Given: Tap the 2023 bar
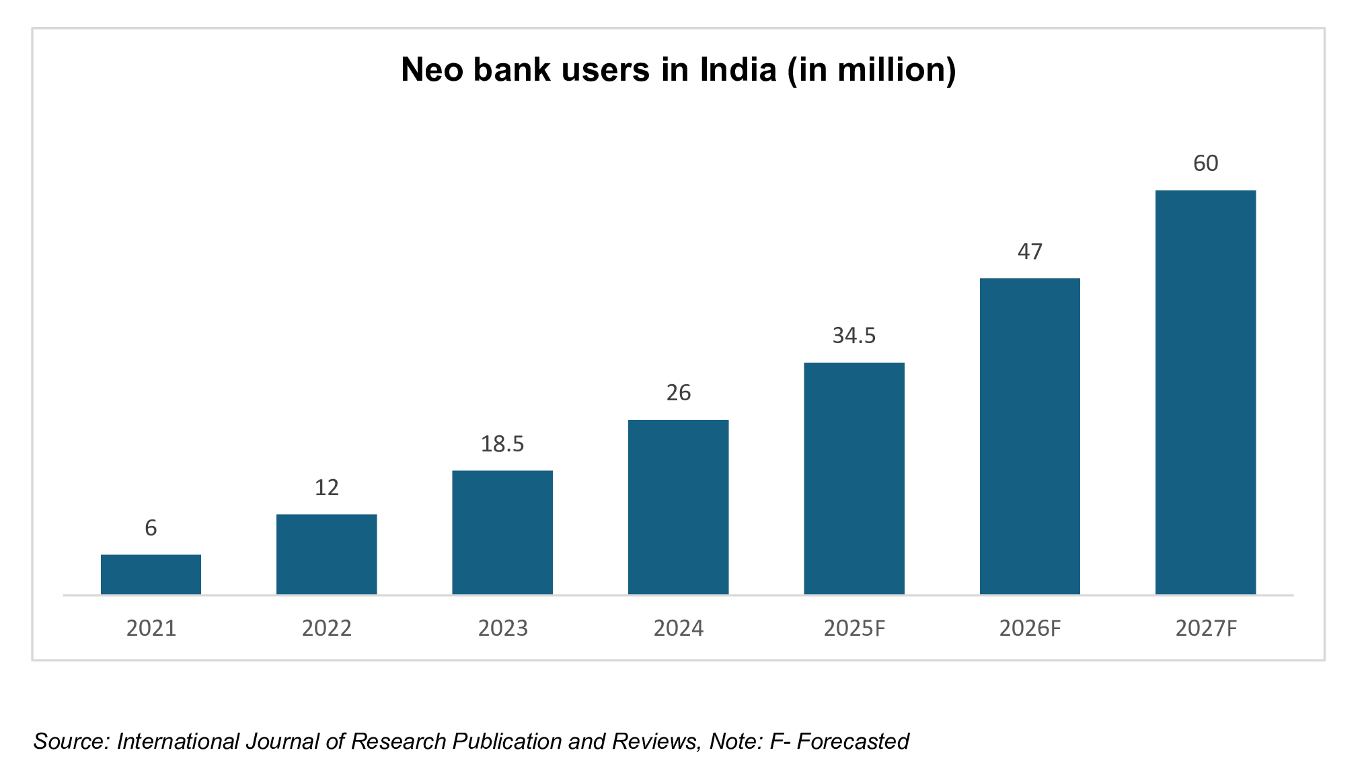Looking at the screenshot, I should click(502, 532).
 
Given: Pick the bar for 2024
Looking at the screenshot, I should click(678, 507).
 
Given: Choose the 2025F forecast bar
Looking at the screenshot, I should click(854, 478).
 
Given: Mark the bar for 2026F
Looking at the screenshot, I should click(1030, 436).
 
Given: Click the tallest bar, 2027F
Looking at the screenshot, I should click(1205, 392).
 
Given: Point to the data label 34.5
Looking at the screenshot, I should click(854, 335).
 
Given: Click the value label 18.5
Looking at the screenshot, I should click(502, 444).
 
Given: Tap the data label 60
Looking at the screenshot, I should click(1205, 163).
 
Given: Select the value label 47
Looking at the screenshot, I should click(1030, 252).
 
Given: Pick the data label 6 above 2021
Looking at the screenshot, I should click(151, 528).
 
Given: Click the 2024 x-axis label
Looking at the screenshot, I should click(678, 628).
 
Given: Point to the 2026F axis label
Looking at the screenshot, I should click(1030, 628).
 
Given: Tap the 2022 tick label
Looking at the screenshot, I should click(326, 628).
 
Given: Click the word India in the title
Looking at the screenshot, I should click(738, 70).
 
